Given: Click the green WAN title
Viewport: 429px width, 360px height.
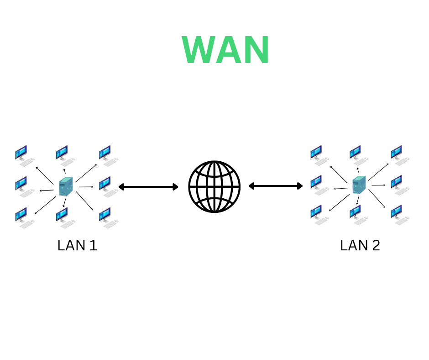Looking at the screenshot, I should [x=226, y=50].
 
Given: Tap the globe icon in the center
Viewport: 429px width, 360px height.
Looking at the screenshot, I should [x=214, y=186].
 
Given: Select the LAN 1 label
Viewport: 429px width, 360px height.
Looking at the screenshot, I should [x=77, y=246].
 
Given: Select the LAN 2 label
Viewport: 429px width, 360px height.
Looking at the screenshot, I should [x=360, y=246].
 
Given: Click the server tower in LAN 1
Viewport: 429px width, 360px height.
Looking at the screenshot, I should [x=66, y=187].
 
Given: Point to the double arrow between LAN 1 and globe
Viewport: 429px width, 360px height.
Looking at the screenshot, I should [x=148, y=187].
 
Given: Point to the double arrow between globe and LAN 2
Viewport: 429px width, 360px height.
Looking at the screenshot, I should [x=276, y=186].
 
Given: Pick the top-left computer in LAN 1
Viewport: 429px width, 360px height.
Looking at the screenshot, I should [x=22, y=154].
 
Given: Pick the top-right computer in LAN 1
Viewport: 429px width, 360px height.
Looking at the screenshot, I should [x=107, y=154].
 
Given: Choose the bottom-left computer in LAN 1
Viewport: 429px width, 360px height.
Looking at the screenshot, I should [x=22, y=217].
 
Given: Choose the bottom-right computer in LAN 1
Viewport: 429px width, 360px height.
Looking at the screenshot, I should [x=107, y=217].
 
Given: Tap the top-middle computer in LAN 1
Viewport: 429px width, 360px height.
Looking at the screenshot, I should [x=63, y=154].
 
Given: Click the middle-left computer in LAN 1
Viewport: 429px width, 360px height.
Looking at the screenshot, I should [x=22, y=185].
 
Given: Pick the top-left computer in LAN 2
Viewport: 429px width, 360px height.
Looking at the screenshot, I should [x=318, y=154].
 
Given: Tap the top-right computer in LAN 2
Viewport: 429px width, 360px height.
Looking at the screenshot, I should [x=398, y=154].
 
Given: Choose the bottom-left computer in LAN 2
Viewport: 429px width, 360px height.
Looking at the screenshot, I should [x=318, y=214].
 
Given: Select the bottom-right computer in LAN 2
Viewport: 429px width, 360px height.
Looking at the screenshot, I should [x=398, y=214].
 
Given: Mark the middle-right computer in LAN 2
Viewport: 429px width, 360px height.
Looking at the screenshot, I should [x=398, y=184].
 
